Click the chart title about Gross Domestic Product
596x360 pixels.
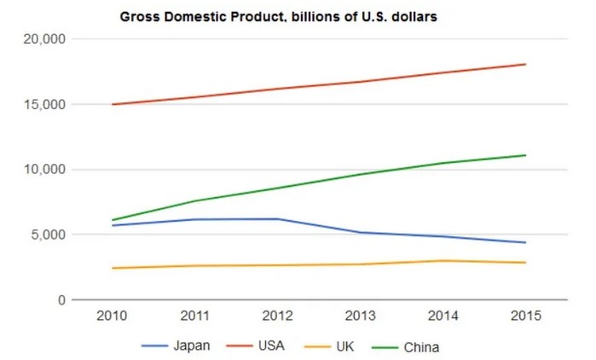pos(278,16)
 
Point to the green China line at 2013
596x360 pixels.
pos(362,174)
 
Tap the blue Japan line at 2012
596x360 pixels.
pos(279,219)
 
